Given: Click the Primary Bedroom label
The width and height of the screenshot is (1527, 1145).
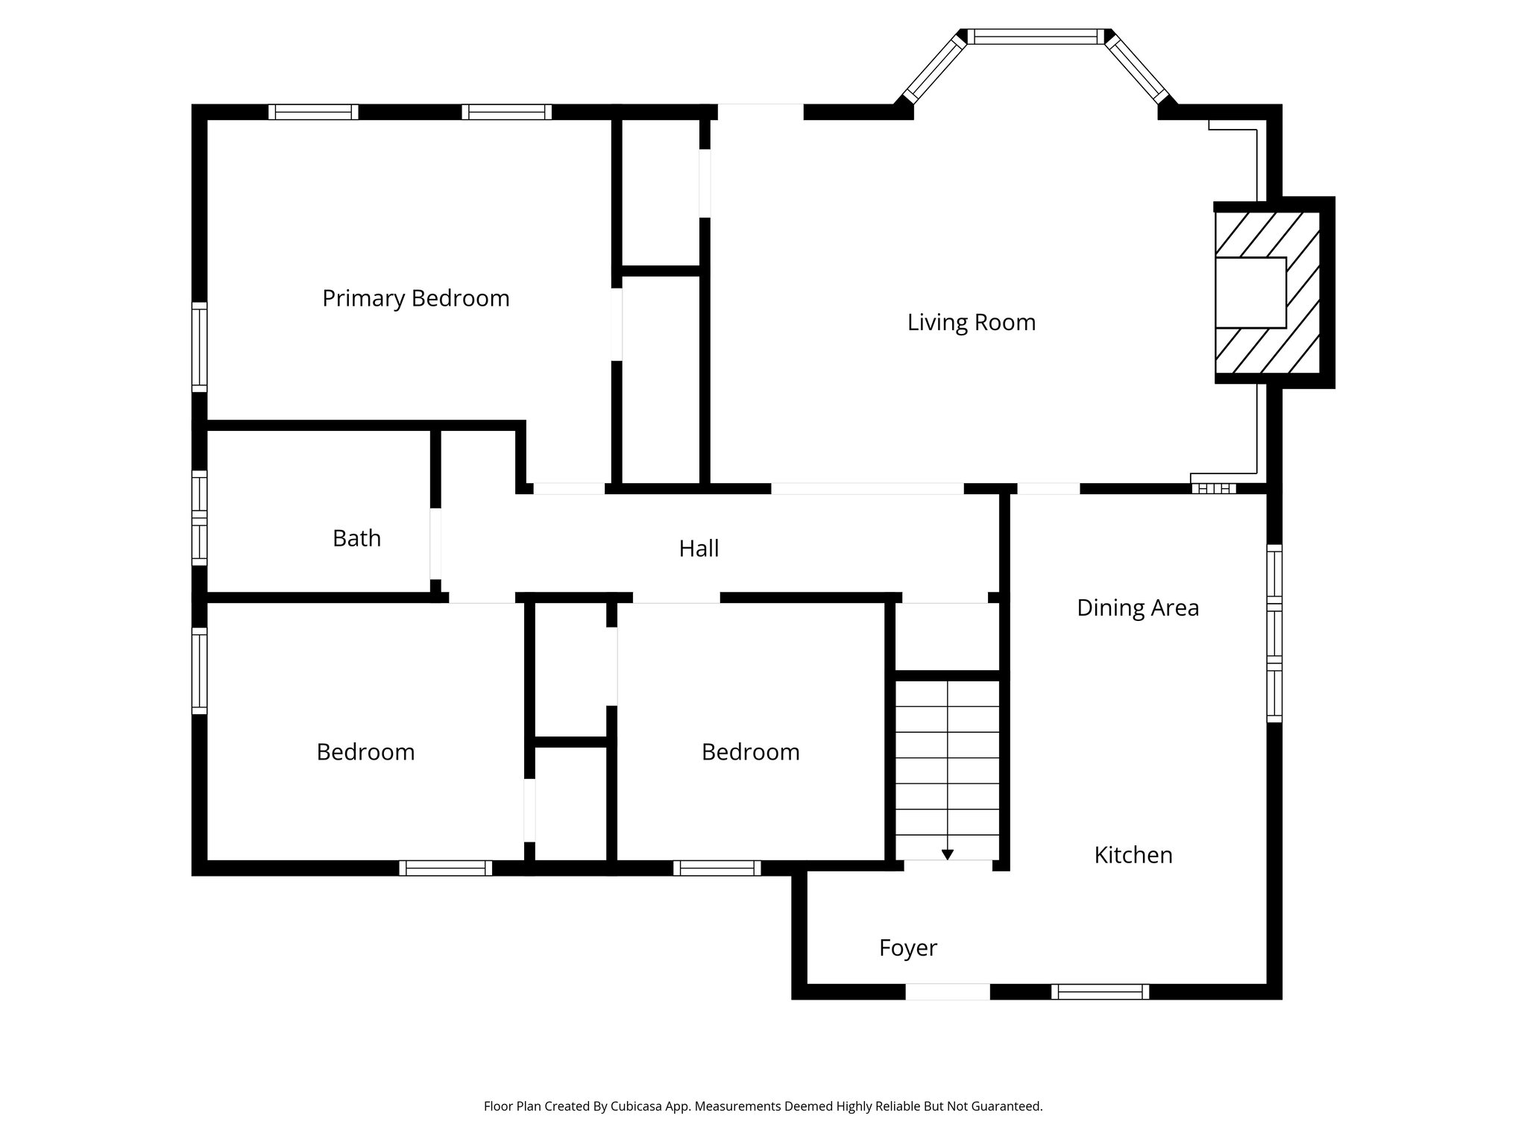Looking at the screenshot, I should click(415, 298).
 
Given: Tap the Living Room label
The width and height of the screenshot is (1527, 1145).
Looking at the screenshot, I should click(971, 322).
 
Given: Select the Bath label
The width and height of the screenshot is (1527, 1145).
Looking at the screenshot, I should click(356, 538).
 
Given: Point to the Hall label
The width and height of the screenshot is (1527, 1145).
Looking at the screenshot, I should click(699, 549).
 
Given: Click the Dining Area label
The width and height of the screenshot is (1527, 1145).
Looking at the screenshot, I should click(1137, 608).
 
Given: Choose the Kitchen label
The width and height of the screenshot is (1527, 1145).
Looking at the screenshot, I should click(1133, 855).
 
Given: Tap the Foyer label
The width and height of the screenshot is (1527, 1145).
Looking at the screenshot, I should click(907, 948).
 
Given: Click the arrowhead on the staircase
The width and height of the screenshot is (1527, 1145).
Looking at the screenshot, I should click(947, 855).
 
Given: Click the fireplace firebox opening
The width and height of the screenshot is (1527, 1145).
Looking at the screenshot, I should click(1250, 292).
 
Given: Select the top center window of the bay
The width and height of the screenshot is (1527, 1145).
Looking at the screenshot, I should click(1036, 37).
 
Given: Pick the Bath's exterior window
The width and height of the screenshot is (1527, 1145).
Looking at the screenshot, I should click(199, 517).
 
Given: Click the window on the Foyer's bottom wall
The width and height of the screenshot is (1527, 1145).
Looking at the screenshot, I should click(1100, 991).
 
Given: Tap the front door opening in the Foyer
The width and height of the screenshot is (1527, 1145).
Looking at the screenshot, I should click(947, 991).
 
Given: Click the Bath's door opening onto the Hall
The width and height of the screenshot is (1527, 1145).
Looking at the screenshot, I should click(435, 543).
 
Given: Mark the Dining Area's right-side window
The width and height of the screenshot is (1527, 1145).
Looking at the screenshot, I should click(1274, 633).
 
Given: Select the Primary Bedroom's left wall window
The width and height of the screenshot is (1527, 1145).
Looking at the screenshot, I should click(199, 347).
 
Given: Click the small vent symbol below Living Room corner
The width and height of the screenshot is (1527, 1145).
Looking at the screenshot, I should click(1213, 489).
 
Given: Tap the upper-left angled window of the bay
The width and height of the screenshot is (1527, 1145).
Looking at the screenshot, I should click(934, 69).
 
